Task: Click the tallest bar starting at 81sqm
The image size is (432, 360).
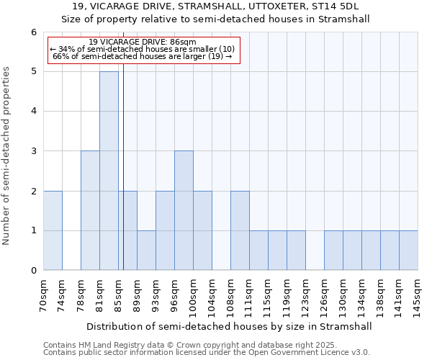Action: [109, 171]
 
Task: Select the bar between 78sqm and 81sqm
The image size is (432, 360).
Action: [90, 210]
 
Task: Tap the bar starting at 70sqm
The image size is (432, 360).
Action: [53, 230]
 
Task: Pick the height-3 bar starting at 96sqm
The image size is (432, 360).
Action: [184, 210]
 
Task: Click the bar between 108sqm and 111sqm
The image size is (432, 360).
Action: [240, 230]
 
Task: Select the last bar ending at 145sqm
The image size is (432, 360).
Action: [408, 251]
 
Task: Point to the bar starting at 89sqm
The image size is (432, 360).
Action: [146, 251]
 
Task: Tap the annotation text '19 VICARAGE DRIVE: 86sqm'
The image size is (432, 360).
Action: [143, 42]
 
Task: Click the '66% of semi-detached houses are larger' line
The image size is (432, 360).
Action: [143, 56]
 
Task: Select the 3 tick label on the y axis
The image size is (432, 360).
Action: [33, 151]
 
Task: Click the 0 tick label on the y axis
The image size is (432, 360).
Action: [33, 271]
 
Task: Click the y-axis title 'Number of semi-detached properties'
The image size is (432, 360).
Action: [7, 156]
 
